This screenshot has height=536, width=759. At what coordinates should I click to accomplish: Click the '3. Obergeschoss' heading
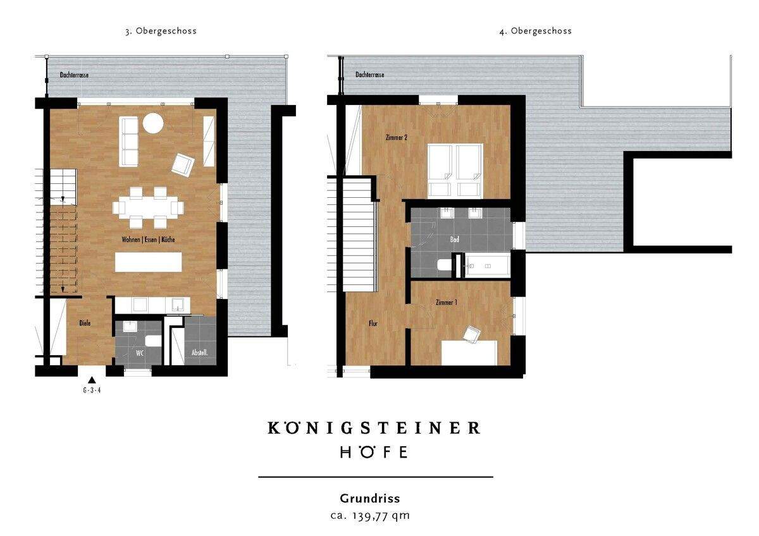click(161, 31)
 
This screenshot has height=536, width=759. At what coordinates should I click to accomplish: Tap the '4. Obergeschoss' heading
click(535, 31)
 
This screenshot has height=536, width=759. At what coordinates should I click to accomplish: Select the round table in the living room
click(152, 123)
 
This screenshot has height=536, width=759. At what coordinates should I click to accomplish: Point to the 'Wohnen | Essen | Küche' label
click(148, 241)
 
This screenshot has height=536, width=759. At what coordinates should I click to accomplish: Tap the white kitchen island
click(148, 262)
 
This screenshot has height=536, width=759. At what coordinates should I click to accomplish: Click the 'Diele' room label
click(85, 323)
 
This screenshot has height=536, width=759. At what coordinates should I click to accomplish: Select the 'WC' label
click(140, 353)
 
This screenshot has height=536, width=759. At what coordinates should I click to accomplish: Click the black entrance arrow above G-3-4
click(92, 380)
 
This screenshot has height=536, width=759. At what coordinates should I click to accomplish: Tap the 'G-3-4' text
click(92, 391)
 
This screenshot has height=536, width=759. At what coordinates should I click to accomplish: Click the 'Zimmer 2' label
click(395, 137)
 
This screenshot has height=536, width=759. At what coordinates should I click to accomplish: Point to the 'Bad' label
click(454, 240)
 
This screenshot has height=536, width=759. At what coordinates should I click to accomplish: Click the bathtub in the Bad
click(487, 266)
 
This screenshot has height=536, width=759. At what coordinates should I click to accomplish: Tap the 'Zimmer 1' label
click(447, 303)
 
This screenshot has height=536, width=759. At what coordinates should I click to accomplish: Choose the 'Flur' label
click(373, 324)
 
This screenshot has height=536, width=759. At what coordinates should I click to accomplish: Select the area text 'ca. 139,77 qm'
click(370, 516)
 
